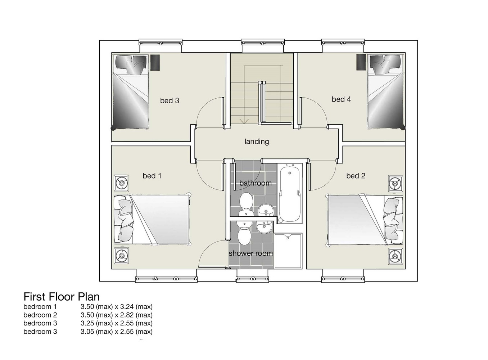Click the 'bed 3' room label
coord(170,101)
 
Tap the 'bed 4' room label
coord(342,99)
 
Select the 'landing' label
coord(257,141)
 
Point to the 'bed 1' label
coord(152,176)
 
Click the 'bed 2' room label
coord(356,176)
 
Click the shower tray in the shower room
coord(288,251)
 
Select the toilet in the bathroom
coord(246,204)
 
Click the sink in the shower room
coord(264,227)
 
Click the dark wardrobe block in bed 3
coord(155,63)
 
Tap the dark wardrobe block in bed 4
coord(361,62)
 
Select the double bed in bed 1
coord(152,220)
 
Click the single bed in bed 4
coord(385,91)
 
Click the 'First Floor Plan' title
coord(62,297)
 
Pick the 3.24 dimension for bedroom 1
coord(127,307)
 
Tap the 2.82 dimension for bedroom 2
coord(127,315)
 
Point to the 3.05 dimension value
coord(87,332)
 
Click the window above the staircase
coord(263,42)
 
